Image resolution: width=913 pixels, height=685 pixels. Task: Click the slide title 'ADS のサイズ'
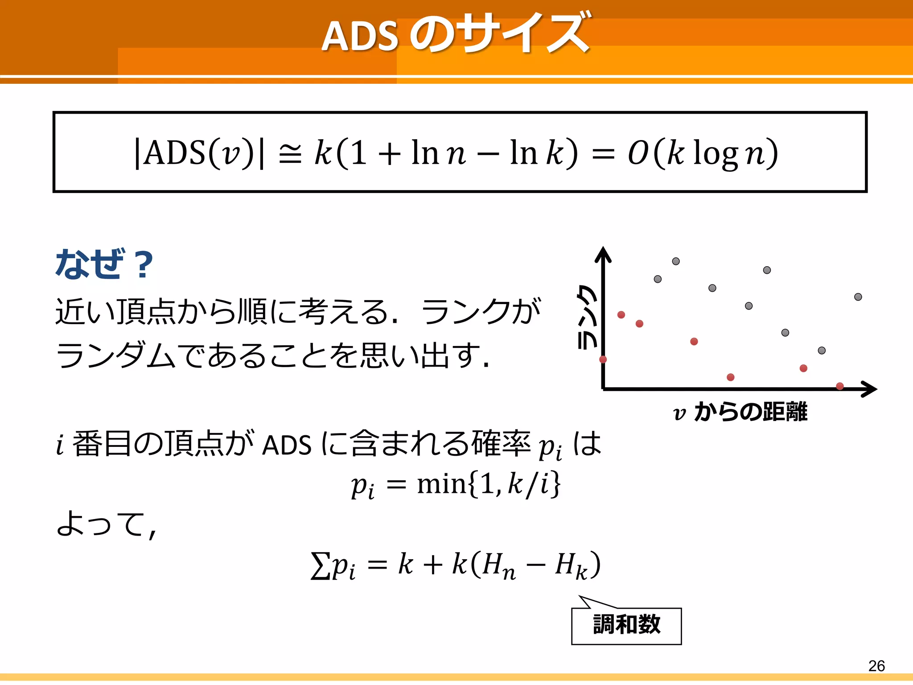pos(456,34)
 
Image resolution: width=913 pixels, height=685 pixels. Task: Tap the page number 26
pos(876,666)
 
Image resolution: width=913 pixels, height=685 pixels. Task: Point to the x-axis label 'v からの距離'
pos(740,412)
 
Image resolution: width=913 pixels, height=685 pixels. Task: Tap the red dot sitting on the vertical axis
pos(603,359)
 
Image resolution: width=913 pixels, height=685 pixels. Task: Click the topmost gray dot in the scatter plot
pos(676,261)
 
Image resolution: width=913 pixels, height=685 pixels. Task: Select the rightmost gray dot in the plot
pos(858,297)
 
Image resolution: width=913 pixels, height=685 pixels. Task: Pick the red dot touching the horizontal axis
pos(840,386)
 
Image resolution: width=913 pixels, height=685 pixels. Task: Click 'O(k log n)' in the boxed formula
pos(703,153)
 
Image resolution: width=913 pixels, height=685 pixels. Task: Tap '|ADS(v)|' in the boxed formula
pos(199,153)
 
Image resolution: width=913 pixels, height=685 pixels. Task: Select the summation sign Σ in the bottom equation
pos(320,565)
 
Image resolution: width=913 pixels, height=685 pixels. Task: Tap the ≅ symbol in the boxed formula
pos(290,154)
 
